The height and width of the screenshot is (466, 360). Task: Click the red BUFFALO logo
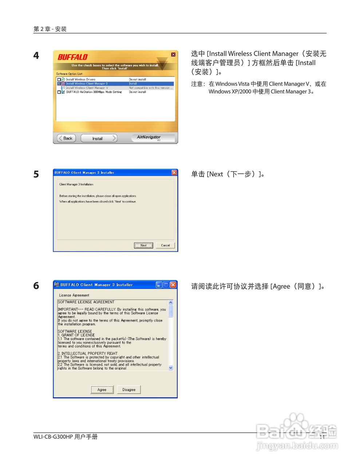(73, 57)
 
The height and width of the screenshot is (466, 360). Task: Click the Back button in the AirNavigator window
(66, 138)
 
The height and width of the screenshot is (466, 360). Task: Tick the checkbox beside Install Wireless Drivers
(59, 79)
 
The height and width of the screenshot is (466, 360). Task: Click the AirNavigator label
(149, 137)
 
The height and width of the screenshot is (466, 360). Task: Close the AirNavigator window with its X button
(173, 55)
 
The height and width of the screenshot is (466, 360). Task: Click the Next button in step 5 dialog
(143, 245)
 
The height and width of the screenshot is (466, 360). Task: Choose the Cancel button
(165, 245)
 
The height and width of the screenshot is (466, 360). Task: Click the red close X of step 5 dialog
(174, 173)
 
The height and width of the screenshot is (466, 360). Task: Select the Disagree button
(129, 390)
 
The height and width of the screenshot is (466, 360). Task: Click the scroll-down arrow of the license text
(171, 368)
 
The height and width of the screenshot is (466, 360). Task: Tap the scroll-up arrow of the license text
(171, 303)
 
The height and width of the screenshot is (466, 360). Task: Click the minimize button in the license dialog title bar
(159, 285)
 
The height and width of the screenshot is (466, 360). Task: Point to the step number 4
(36, 56)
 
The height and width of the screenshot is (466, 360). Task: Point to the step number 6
(36, 286)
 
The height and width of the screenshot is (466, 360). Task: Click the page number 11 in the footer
(322, 437)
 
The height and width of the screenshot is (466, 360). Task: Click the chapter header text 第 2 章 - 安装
(50, 29)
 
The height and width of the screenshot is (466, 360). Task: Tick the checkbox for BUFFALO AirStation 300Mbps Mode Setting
(59, 92)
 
